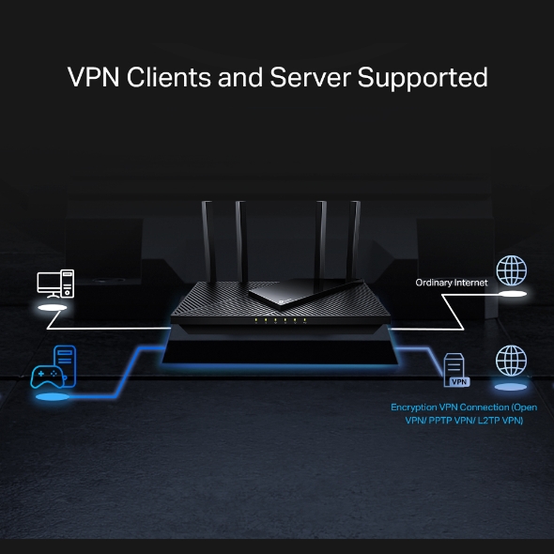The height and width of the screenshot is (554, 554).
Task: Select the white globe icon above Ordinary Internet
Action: [512, 270]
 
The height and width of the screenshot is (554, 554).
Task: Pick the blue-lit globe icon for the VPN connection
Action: [511, 360]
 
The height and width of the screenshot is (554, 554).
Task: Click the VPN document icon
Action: [455, 370]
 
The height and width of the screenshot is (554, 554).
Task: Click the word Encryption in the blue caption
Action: [419, 408]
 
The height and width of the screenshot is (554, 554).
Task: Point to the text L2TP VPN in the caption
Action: [500, 421]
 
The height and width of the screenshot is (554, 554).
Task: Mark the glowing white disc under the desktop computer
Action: [53, 307]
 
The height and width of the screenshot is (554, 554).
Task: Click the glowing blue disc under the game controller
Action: [54, 397]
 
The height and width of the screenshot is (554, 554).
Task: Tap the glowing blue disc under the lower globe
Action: [511, 387]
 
